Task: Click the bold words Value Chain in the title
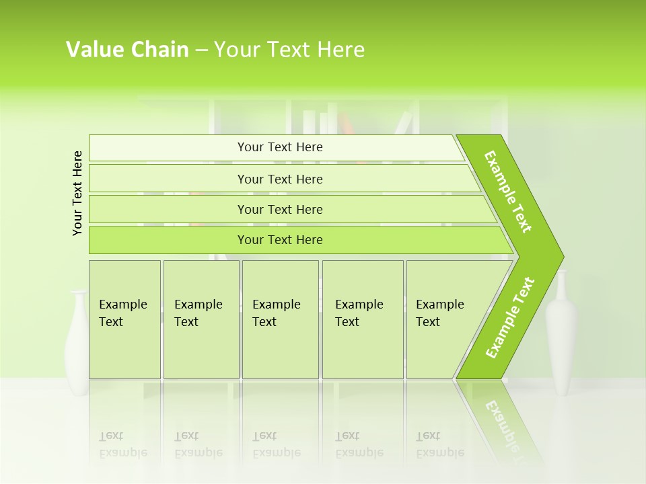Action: coord(127,50)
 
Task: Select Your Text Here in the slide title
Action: coord(289,50)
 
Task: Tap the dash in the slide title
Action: coord(201,50)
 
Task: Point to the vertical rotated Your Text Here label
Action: coord(77,193)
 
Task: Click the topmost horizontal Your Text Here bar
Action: coord(279,147)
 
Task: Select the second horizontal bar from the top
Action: coord(279,179)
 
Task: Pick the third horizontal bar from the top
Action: coord(279,209)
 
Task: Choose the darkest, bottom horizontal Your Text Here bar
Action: coord(279,240)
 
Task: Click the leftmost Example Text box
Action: coord(124,319)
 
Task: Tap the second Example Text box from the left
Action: coord(201,319)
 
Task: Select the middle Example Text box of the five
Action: coord(280,319)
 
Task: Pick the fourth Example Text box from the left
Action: coord(363,319)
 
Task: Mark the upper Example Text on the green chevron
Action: coord(508,192)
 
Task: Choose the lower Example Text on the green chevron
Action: coord(510,317)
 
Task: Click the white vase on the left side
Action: coord(77,343)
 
